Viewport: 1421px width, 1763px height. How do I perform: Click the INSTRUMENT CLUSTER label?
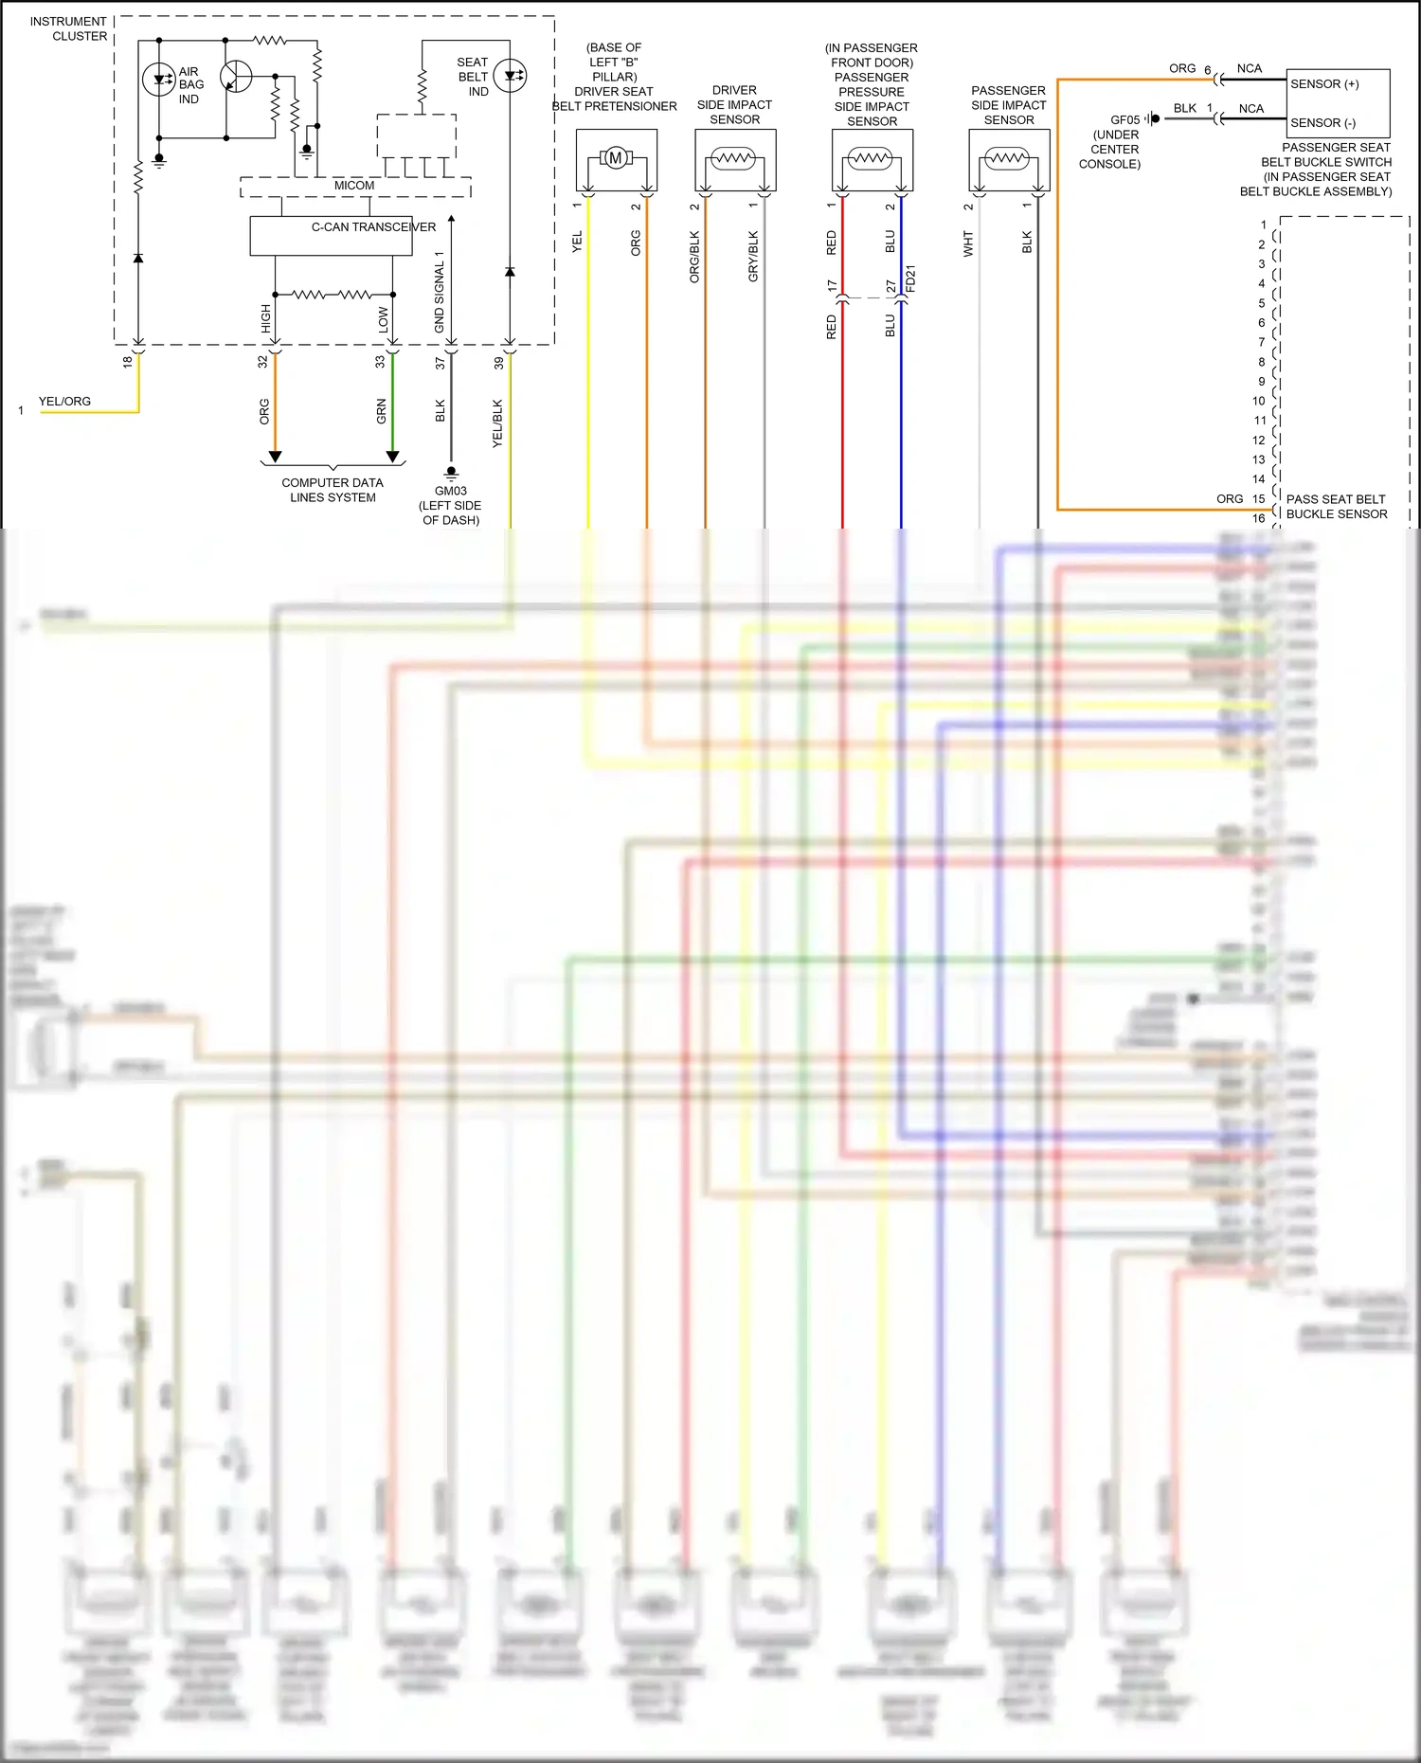(68, 28)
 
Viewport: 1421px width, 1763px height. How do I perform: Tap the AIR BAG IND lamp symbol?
(158, 80)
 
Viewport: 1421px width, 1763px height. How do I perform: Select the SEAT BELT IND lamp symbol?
(511, 76)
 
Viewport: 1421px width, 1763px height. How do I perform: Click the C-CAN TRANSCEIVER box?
(332, 236)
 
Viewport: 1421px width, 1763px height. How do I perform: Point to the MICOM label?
(354, 186)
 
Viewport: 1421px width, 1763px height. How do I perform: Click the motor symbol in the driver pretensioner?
(615, 158)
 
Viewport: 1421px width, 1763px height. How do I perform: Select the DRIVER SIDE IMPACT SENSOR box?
(735, 160)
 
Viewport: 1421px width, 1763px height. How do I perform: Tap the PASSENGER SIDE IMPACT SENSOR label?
(1008, 105)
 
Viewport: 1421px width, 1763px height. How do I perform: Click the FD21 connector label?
(910, 279)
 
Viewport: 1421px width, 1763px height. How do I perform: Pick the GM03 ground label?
(451, 491)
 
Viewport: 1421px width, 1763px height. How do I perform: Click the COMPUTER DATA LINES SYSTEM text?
(333, 490)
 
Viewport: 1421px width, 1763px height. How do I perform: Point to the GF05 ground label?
(1124, 120)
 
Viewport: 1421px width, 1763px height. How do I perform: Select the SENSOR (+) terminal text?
(1324, 84)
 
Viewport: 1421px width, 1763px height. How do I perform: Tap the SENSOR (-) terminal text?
(1322, 123)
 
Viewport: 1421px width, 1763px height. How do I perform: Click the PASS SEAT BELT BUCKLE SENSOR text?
(1336, 507)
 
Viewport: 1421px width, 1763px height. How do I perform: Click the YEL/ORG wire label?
(64, 402)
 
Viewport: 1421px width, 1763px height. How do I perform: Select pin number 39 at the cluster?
(499, 362)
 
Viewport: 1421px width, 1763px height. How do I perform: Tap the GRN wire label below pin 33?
(382, 410)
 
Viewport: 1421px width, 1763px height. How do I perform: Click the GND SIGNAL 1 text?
(440, 292)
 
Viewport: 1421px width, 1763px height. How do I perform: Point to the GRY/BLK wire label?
(753, 256)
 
